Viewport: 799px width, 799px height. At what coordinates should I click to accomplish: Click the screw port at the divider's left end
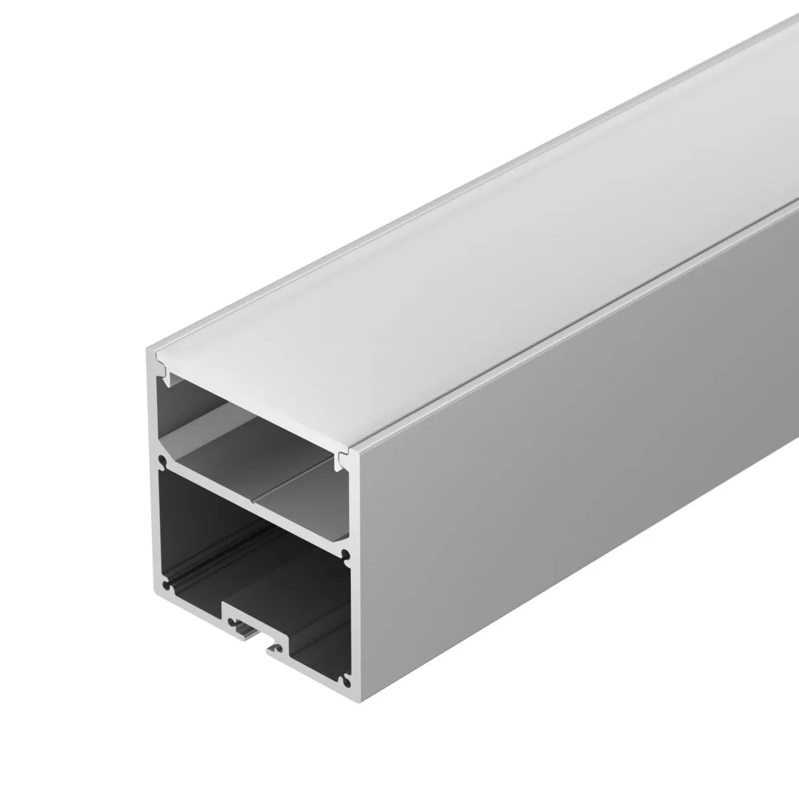[160, 459]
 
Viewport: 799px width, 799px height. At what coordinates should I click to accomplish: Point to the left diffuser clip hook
[162, 367]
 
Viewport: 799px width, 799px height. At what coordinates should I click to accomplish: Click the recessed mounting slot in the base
[253, 619]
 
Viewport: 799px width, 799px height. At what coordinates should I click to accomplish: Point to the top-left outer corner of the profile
[148, 350]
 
